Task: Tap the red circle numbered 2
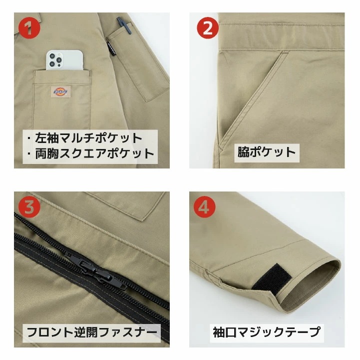[207, 28]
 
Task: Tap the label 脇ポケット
[267, 152]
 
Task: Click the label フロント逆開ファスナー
[92, 331]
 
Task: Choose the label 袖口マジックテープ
[265, 331]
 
